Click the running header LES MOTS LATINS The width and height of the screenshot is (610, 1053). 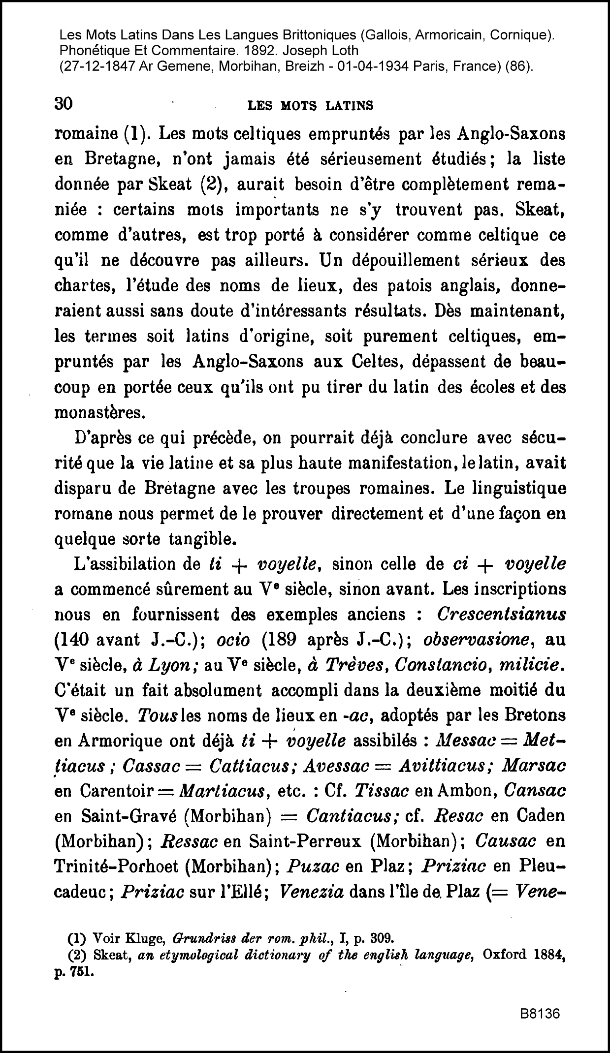click(x=310, y=105)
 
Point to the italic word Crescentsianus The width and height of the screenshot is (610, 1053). click(x=501, y=615)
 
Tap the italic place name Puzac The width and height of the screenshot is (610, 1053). click(x=313, y=867)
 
